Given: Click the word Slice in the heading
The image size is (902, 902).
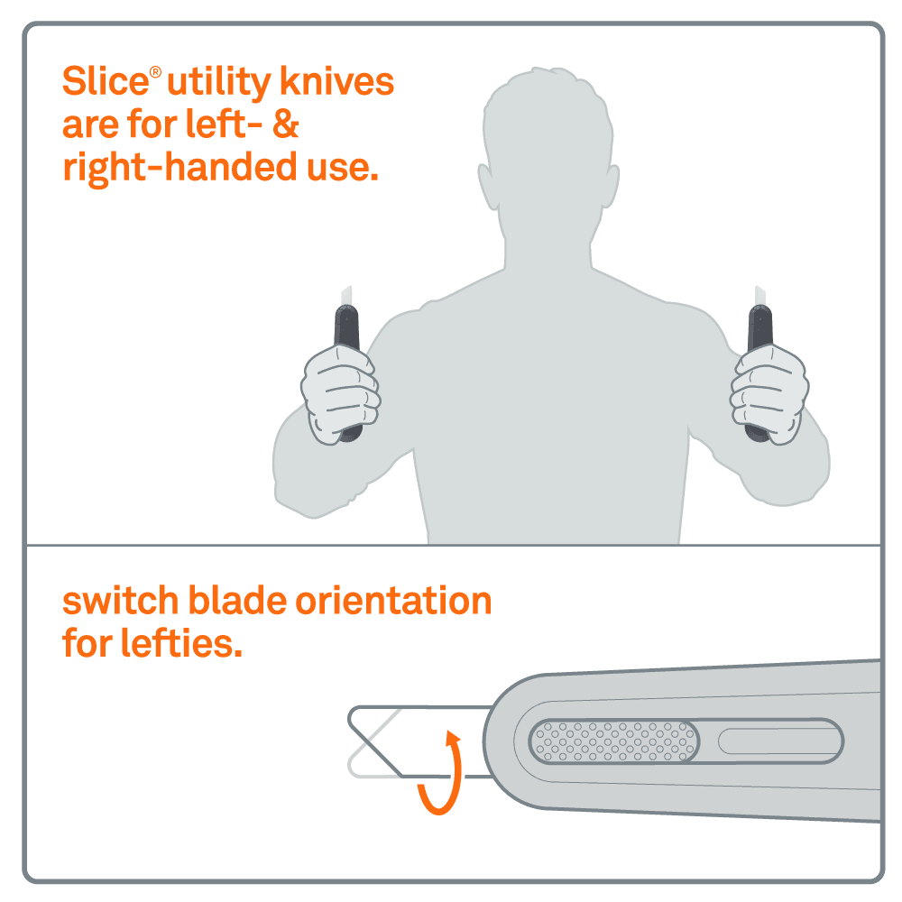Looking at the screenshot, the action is pyautogui.click(x=106, y=81).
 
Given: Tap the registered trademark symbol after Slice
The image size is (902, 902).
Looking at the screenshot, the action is pyautogui.click(x=155, y=72).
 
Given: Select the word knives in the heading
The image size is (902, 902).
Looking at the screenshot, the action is pyautogui.click(x=336, y=81).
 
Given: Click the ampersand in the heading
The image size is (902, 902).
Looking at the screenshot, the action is pyautogui.click(x=286, y=124).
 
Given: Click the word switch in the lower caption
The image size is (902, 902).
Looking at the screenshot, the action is pyautogui.click(x=120, y=601).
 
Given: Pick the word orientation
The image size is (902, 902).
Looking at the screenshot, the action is pyautogui.click(x=393, y=601).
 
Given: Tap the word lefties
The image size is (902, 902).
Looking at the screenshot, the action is pyautogui.click(x=181, y=642).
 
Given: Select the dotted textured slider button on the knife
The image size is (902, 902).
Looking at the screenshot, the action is pyautogui.click(x=613, y=741).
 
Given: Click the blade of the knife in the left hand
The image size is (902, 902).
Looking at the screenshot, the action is pyautogui.click(x=346, y=296).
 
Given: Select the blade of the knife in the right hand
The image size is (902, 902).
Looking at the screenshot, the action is pyautogui.click(x=760, y=296).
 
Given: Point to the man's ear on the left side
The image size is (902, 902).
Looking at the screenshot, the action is pyautogui.click(x=488, y=187).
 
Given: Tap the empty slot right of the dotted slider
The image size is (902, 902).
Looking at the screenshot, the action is pyautogui.click(x=780, y=741).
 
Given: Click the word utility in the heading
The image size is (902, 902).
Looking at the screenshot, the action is pyautogui.click(x=218, y=82).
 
